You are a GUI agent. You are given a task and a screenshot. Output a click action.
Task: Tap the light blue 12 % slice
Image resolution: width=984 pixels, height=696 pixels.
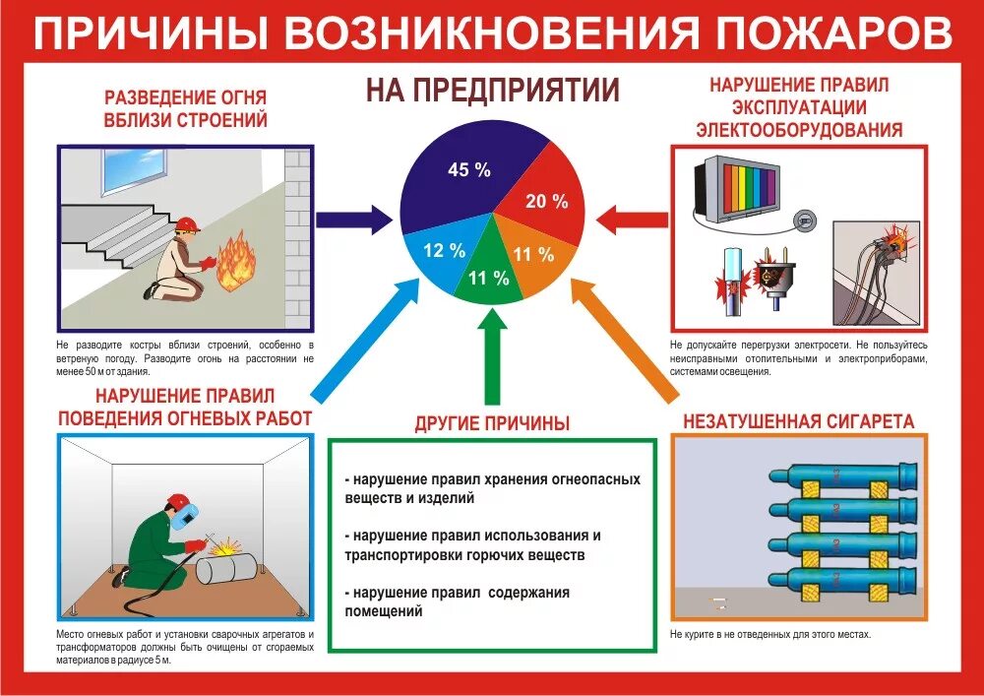coord(439,252)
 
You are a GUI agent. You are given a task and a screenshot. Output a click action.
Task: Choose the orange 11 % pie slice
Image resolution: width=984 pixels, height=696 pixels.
coord(532,257)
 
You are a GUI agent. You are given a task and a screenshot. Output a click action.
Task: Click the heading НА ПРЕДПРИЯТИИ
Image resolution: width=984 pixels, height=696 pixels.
coord(492,91)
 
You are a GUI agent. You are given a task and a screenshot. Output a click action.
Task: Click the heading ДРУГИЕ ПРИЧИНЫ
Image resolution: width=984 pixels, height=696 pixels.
coord(492,424)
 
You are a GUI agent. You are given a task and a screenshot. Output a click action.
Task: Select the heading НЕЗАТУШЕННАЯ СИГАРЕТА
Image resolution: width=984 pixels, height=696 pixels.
coord(798,421)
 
